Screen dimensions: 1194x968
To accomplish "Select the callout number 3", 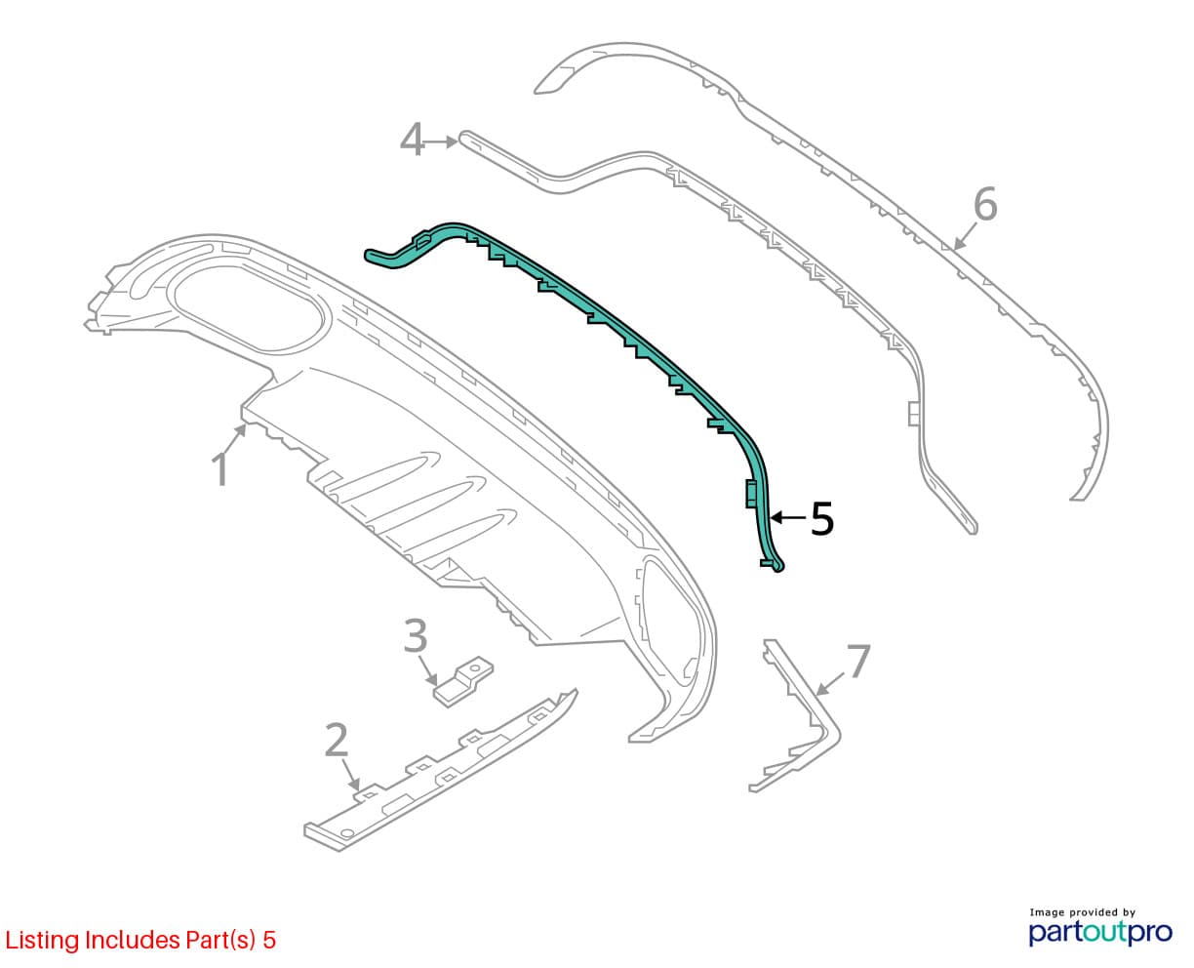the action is pos(416,635).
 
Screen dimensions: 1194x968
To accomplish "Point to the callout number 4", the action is pos(412,140).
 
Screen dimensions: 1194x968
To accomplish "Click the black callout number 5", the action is pos(822,518).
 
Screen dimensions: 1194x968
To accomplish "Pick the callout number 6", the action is pos(986,204).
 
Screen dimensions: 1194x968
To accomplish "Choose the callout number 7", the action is pos(858,660).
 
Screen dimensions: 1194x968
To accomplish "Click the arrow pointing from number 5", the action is pos(788,517).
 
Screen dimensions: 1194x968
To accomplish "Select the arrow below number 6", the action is pos(966,235).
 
